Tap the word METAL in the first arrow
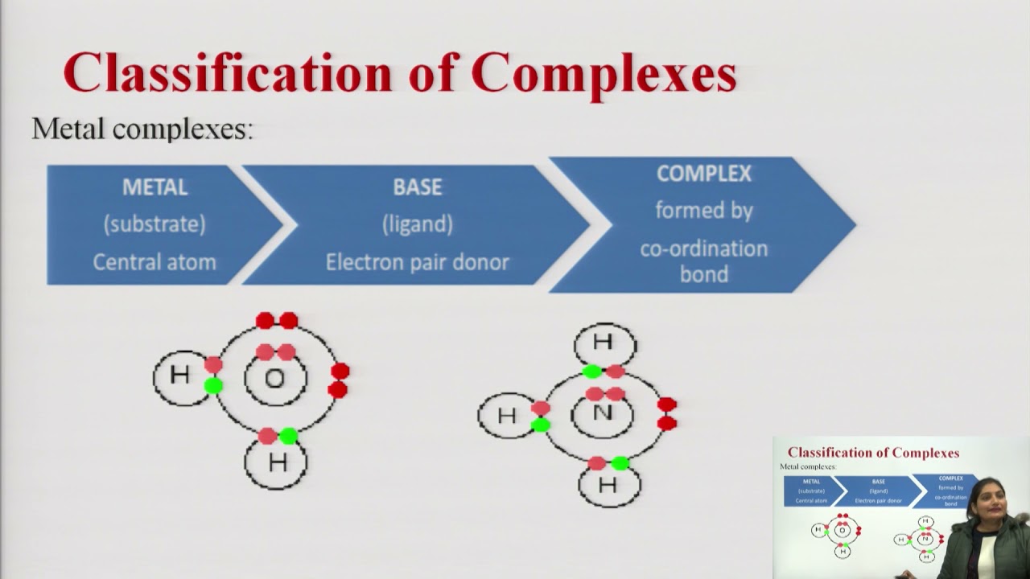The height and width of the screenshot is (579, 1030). pyautogui.click(x=154, y=187)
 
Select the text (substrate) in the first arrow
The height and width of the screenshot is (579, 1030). pyautogui.click(x=154, y=224)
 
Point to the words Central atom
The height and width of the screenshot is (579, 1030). pyautogui.click(x=154, y=262)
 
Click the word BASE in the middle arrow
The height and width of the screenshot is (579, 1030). pyautogui.click(x=417, y=187)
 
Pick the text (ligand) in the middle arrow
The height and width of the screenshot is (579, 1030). pyautogui.click(x=417, y=224)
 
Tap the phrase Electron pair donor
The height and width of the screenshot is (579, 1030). pyautogui.click(x=417, y=262)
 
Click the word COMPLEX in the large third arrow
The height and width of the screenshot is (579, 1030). pyautogui.click(x=703, y=174)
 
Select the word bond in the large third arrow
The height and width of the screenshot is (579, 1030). pyautogui.click(x=703, y=274)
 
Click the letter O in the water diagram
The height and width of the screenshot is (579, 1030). pyautogui.click(x=275, y=378)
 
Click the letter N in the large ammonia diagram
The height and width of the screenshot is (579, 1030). pyautogui.click(x=603, y=413)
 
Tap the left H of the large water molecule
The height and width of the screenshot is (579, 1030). pyautogui.click(x=180, y=375)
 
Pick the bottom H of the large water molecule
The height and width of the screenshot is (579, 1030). pyautogui.click(x=278, y=462)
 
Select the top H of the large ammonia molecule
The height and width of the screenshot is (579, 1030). pyautogui.click(x=603, y=343)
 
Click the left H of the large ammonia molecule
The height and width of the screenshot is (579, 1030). pyautogui.click(x=506, y=416)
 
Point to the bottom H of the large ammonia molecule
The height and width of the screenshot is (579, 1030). pyautogui.click(x=608, y=485)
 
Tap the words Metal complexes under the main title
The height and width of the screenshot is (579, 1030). pyautogui.click(x=142, y=129)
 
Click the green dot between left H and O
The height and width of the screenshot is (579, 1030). pyautogui.click(x=213, y=386)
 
